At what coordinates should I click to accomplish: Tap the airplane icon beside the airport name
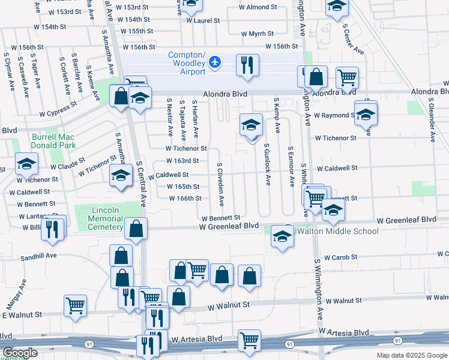click(x=215, y=62)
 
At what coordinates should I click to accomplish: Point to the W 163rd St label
click(x=182, y=161)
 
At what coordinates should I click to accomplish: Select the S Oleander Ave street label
click(x=432, y=122)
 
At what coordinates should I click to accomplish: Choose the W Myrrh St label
click(x=256, y=34)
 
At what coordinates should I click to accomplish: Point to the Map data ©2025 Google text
click(x=411, y=355)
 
